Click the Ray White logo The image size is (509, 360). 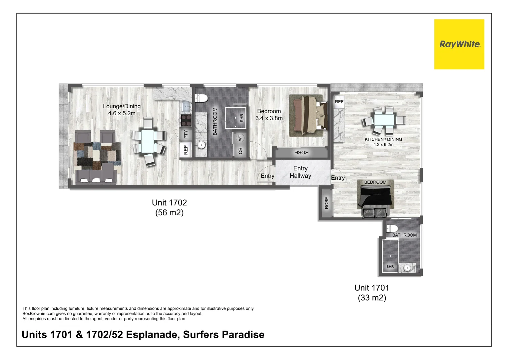459,44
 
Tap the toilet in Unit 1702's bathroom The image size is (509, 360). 202,98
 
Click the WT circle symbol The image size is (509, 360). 240,138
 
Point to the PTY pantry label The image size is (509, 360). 186,134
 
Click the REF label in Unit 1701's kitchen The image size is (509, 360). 339,102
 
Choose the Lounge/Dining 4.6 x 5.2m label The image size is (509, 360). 122,110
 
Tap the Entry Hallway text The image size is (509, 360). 300,172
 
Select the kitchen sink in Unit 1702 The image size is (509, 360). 186,107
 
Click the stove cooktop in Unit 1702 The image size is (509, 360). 186,120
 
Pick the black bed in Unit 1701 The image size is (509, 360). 375,198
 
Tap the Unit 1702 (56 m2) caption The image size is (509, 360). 169,207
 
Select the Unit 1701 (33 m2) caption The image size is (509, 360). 372,292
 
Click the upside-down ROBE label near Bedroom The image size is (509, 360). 301,153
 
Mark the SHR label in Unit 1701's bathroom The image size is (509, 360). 390,267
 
